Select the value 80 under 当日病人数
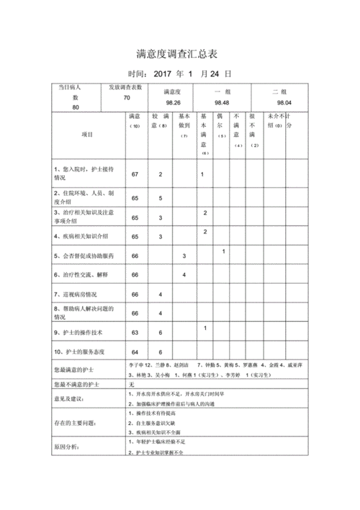(76, 107)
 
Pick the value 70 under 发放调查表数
(127, 98)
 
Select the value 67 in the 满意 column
(135, 174)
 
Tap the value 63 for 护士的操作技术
(135, 333)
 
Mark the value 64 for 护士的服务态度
(135, 352)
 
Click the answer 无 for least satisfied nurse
(132, 385)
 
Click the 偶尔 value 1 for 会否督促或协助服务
(224, 251)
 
